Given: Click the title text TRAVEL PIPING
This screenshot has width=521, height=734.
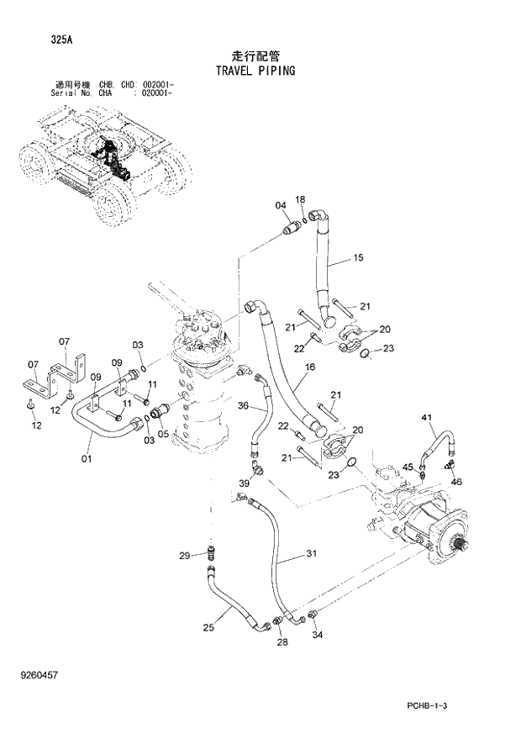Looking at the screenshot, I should click(x=255, y=71).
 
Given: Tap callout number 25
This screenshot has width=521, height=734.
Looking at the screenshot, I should click(x=208, y=626).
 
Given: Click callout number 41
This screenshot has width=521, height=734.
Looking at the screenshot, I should click(x=426, y=419).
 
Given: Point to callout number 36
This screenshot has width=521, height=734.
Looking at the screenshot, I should click(x=242, y=406).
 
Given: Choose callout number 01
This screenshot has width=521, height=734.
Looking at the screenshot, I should click(x=87, y=459).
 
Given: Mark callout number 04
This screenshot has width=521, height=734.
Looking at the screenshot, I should click(x=281, y=206).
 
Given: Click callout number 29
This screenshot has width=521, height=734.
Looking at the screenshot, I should click(x=184, y=554).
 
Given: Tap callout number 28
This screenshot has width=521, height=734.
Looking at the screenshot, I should click(x=282, y=643).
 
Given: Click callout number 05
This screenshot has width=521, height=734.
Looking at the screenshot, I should click(x=163, y=434).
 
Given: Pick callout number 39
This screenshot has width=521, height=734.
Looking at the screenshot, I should click(x=244, y=483).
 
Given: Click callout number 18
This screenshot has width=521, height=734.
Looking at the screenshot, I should click(x=300, y=198).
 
